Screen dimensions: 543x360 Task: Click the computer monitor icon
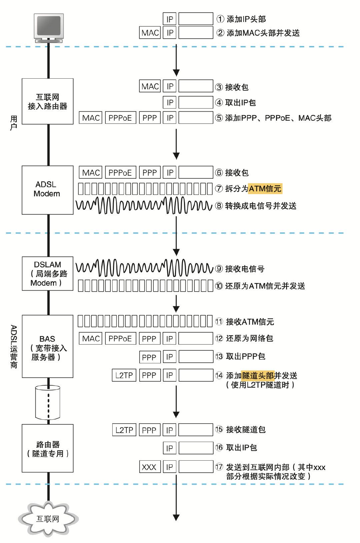point(49,27)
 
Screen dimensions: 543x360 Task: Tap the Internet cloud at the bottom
point(48,519)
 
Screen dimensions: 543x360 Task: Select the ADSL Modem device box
point(47,190)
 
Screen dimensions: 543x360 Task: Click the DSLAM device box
point(47,273)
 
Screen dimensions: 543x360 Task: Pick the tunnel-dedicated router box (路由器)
point(47,448)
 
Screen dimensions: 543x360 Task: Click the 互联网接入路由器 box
point(47,101)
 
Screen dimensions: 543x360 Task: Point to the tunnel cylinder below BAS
point(48,402)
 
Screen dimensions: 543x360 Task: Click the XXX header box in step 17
point(150,467)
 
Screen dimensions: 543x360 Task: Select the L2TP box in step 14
point(124,375)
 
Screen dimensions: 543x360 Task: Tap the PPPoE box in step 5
point(120,118)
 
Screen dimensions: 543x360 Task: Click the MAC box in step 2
point(150,33)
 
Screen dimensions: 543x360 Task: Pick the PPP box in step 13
point(149,357)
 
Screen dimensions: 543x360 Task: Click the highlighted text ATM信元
point(265,188)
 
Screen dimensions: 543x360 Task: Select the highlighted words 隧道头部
point(258,376)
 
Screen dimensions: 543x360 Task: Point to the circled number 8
point(219,206)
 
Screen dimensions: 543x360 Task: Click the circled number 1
point(220,19)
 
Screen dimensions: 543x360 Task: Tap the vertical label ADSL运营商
point(14,347)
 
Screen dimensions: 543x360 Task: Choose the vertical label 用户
point(14,123)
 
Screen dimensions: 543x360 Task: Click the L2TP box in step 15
point(124,430)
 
